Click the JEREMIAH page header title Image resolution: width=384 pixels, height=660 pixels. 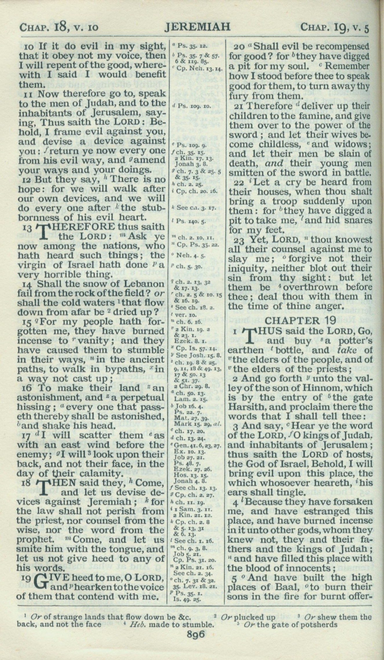(197, 27)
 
